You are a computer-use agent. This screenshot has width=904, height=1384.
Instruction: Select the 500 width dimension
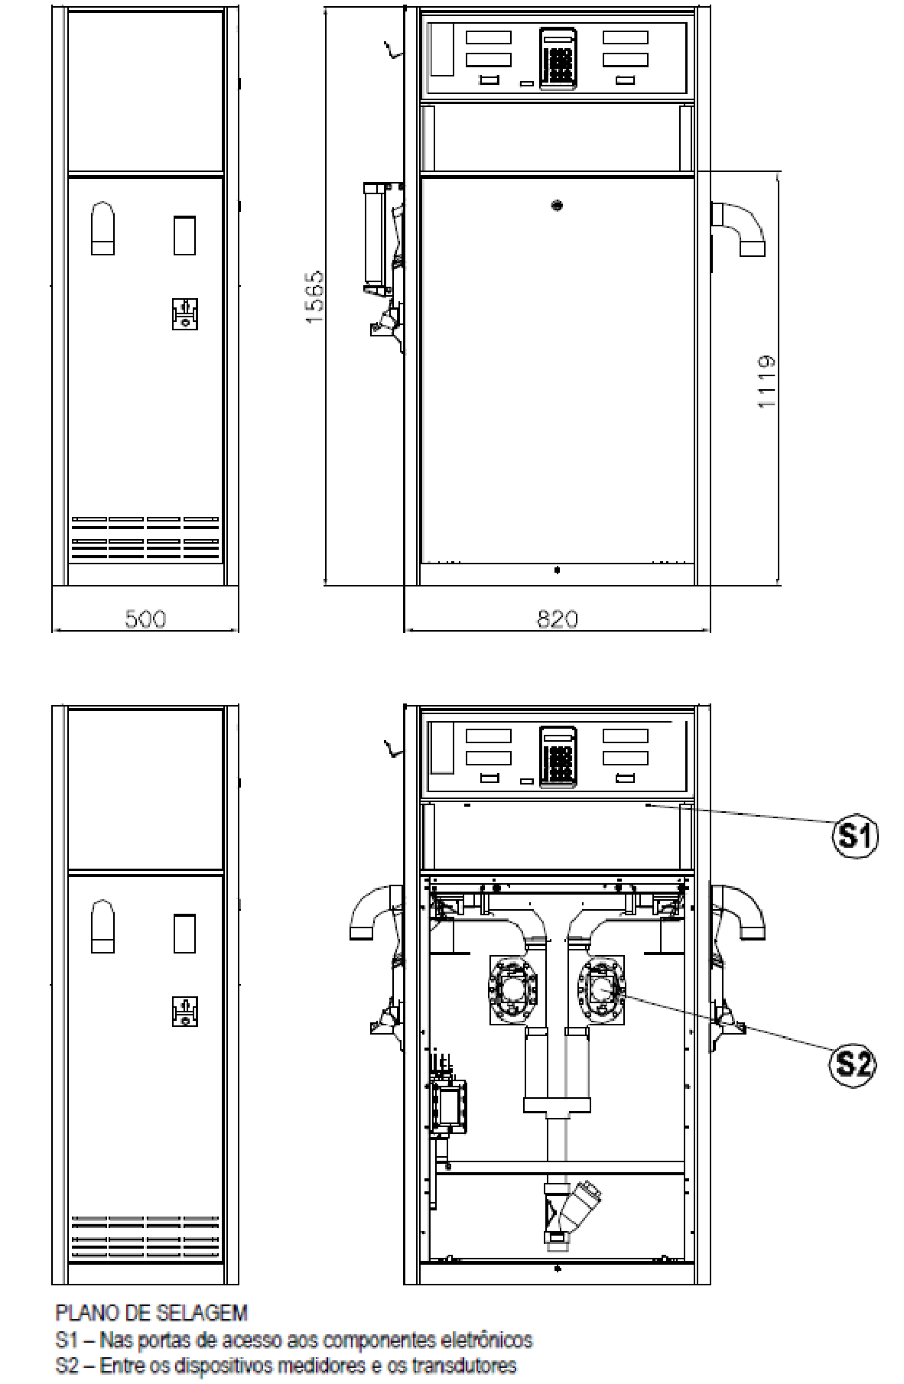(145, 619)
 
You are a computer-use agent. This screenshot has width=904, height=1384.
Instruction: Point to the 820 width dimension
(558, 619)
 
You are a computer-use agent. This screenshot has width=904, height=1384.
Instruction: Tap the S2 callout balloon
(852, 1063)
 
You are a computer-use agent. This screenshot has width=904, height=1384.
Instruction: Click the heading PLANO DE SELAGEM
(151, 1314)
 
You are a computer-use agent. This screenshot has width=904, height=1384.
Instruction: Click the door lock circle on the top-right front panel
(557, 205)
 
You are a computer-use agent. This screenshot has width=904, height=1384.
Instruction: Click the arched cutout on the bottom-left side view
(102, 927)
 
